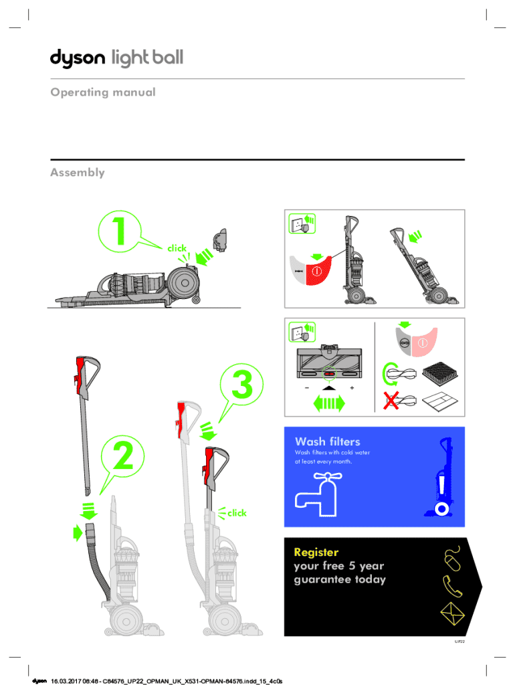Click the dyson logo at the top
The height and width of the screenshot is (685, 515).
pos(78,59)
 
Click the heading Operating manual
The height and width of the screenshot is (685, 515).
pos(102,92)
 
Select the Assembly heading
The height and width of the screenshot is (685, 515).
pos(78,173)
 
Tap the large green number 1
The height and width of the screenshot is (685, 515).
pos(119,232)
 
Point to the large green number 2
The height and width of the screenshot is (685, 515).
pos(122,456)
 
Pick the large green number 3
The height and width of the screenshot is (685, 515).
pos(242,387)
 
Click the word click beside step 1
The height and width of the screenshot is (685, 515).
pos(177,248)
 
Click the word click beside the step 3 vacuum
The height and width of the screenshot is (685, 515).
pos(237,513)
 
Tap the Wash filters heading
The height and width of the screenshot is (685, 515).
pos(327,442)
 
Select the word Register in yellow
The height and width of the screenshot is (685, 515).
pos(316,553)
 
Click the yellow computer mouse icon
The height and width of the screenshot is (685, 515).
pos(453,558)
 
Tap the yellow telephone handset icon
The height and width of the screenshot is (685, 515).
pos(453,587)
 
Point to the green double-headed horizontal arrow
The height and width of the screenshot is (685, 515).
pos(328,403)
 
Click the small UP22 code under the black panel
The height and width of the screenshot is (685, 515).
pos(459,641)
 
